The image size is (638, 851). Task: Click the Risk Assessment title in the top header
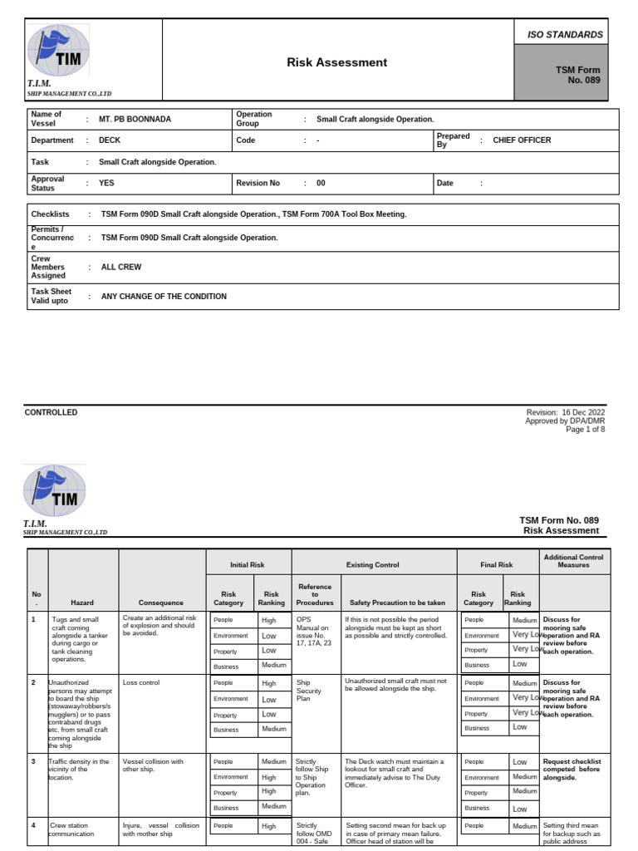point(336,62)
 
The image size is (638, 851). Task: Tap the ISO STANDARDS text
point(565,35)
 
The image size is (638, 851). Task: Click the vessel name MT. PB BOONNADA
point(135,119)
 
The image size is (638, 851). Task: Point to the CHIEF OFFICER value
point(522,140)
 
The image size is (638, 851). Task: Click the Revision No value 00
point(321,183)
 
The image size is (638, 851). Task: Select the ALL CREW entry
point(121,268)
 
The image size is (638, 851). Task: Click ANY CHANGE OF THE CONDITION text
point(164,297)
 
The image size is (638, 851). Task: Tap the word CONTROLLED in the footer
point(52,412)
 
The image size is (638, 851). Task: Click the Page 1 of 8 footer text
point(585,430)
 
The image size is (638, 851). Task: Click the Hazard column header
point(82,603)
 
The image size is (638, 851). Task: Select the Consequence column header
point(162,603)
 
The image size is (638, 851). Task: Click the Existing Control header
point(374,565)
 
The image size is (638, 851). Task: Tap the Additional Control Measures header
point(573,561)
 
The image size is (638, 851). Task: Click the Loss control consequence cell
point(140,682)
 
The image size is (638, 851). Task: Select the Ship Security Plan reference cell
point(308,691)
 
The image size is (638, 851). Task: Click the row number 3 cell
point(34,761)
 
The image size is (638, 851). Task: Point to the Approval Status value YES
point(106,183)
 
